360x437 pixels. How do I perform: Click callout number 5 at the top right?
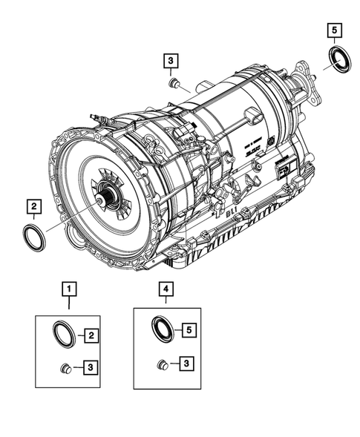coord(335,30)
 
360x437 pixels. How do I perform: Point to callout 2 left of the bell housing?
coord(33,205)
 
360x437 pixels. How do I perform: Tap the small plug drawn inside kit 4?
coord(163,364)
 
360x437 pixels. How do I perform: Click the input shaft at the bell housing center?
coord(111,198)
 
